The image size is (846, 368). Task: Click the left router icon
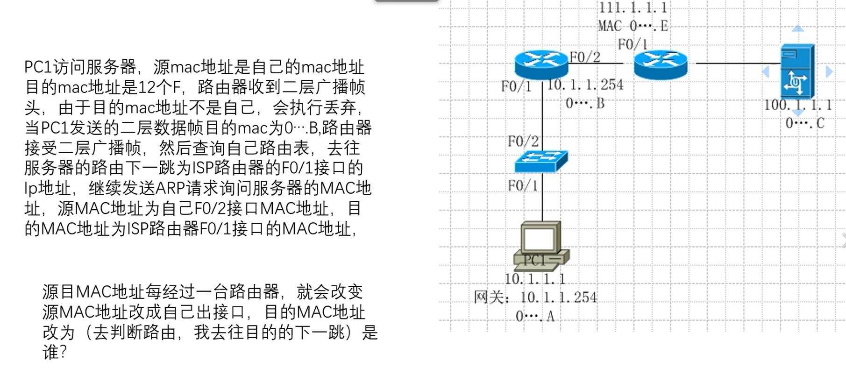tap(541, 64)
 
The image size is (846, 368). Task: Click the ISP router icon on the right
tap(661, 64)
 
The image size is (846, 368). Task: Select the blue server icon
tap(797, 71)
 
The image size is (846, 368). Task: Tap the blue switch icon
tap(541, 161)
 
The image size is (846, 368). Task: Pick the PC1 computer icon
tap(541, 246)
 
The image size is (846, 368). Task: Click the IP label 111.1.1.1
tap(633, 7)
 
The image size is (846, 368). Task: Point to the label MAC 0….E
tap(633, 26)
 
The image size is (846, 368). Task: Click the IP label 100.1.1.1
tap(798, 105)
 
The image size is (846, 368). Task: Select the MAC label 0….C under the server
tap(804, 123)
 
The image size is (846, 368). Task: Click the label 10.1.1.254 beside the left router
tap(585, 85)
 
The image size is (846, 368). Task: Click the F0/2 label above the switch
tap(523, 141)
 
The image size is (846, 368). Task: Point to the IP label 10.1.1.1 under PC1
tap(535, 279)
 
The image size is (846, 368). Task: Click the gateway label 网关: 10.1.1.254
tap(535, 297)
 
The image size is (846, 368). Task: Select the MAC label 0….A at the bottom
tap(535, 316)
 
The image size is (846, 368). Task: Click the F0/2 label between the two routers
tap(585, 57)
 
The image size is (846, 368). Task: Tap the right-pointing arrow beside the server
tap(829, 71)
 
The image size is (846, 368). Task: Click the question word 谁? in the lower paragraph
tap(55, 352)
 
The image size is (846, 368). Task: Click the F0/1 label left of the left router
tap(516, 86)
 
